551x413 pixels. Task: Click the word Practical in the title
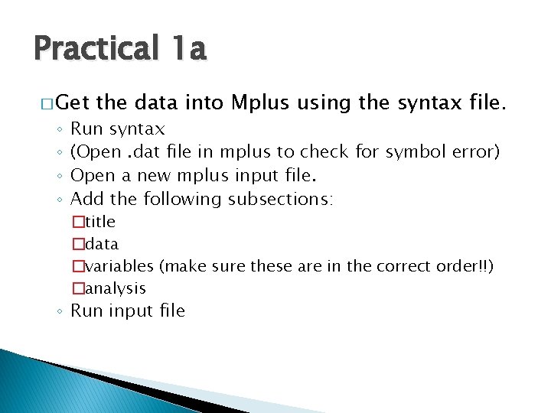pos(95,49)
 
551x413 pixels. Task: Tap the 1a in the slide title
pos(186,49)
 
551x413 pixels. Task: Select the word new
pos(154,176)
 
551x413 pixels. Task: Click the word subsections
pos(276,200)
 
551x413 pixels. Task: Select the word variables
pos(119,266)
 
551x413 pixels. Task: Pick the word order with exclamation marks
pos(467,266)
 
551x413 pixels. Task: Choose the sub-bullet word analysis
pos(116,288)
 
